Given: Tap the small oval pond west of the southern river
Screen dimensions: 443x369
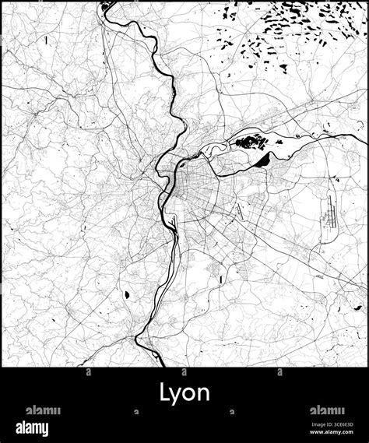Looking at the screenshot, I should pyautogui.click(x=125, y=294).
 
